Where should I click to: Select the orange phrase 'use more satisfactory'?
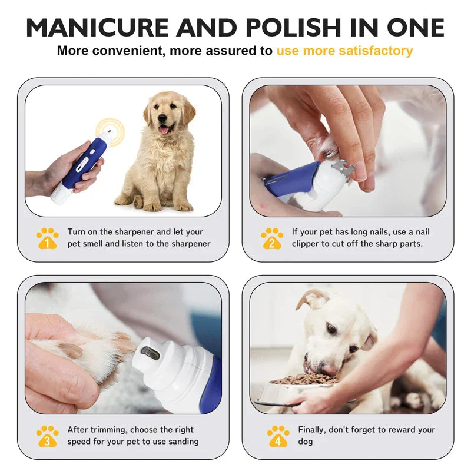[x=344, y=51]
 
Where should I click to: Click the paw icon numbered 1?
[x=47, y=238]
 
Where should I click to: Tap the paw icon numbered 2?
[x=271, y=238]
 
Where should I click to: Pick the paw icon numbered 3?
[x=47, y=436]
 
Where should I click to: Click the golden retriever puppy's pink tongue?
[x=164, y=130]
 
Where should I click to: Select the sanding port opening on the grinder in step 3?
[x=150, y=353]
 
